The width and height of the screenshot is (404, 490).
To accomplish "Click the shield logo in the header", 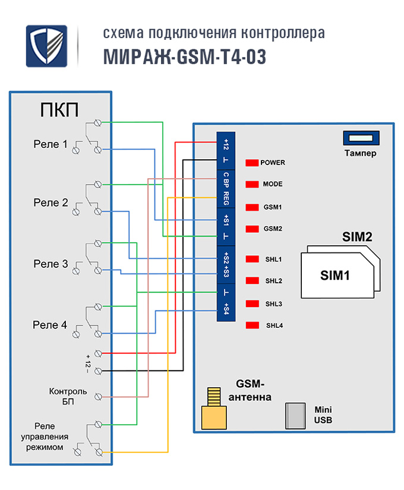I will (46, 46).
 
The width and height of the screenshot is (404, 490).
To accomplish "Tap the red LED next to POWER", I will (251, 162).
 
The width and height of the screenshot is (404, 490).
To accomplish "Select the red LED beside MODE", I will (251, 184).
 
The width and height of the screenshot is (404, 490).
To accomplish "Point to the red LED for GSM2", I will (251, 229).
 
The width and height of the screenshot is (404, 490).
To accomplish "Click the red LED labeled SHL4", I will (251, 325).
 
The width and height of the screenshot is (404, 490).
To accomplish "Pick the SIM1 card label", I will (335, 276).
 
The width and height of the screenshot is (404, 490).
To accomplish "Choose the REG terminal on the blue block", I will (226, 197).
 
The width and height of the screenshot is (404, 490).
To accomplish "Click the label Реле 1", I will (50, 144).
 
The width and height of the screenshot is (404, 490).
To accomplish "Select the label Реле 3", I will (50, 264).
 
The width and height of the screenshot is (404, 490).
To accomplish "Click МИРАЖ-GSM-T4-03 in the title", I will (184, 56).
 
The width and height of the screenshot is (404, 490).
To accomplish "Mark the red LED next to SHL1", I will (251, 259).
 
